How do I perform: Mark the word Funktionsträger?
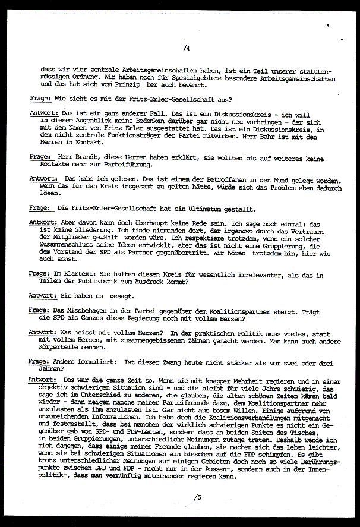[147, 136]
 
